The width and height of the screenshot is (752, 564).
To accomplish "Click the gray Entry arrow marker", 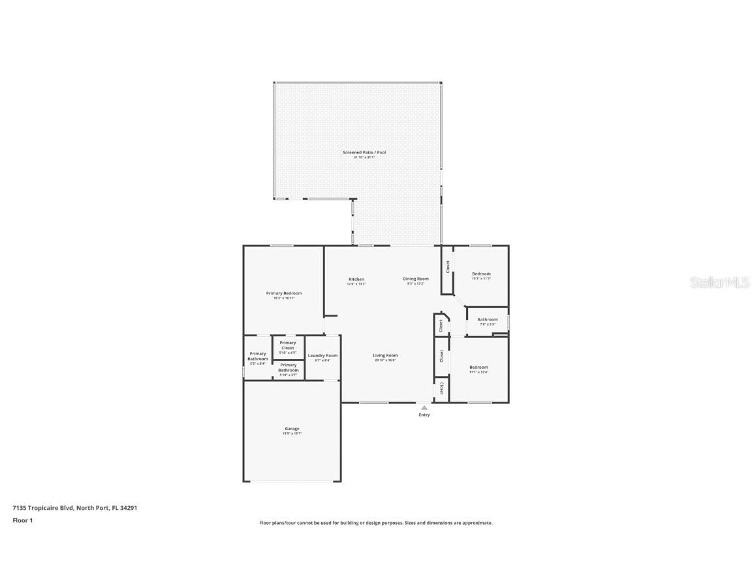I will pyautogui.click(x=424, y=407).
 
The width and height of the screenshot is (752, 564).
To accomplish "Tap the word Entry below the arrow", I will pyautogui.click(x=424, y=415).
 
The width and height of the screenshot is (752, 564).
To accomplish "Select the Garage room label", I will pyautogui.click(x=291, y=429).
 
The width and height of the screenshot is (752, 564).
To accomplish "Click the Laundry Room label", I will pyautogui.click(x=322, y=356).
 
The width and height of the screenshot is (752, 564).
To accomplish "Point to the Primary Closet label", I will pyautogui.click(x=288, y=345).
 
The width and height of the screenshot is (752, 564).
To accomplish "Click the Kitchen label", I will pyautogui.click(x=356, y=279).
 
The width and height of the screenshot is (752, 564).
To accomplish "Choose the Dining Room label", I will pyautogui.click(x=416, y=279).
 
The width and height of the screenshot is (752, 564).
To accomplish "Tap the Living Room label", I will pyautogui.click(x=385, y=356).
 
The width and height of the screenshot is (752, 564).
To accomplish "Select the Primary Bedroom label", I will pyautogui.click(x=284, y=294).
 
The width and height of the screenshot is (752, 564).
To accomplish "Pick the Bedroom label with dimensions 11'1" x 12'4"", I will pyautogui.click(x=478, y=368).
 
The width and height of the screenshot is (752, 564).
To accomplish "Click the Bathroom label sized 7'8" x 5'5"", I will pyautogui.click(x=488, y=320).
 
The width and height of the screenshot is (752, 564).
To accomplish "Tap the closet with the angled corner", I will pyautogui.click(x=441, y=325).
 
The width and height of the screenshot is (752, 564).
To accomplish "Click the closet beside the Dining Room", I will pyautogui.click(x=448, y=267).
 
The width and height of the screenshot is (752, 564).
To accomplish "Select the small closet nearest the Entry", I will pyautogui.click(x=441, y=388).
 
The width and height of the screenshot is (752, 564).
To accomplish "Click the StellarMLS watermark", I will pyautogui.click(x=719, y=283).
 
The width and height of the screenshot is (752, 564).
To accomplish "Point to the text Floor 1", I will pyautogui.click(x=22, y=520).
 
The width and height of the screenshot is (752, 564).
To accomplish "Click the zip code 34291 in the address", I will pyautogui.click(x=128, y=508).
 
